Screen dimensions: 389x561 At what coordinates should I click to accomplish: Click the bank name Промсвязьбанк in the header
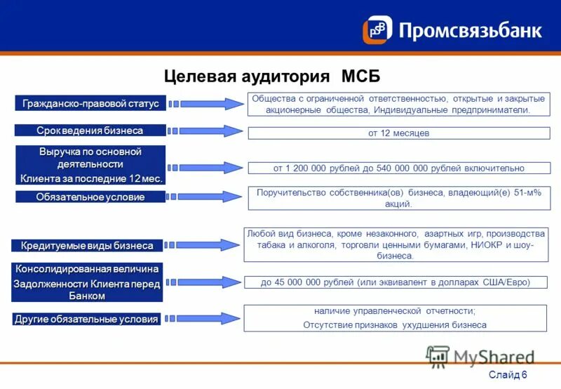pyautogui.click(x=470, y=30)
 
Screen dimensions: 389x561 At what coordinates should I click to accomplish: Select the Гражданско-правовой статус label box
pyautogui.click(x=90, y=104)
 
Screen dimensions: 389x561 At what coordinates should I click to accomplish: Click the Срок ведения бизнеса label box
pyautogui.click(x=90, y=131)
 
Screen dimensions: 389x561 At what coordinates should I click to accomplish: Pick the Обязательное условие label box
pyautogui.click(x=90, y=197)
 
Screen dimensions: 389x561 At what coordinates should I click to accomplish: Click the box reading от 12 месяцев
pyautogui.click(x=398, y=133)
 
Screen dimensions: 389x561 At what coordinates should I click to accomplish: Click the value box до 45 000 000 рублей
pyautogui.click(x=396, y=282)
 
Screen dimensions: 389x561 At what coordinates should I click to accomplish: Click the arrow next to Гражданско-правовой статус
pyautogui.click(x=210, y=104)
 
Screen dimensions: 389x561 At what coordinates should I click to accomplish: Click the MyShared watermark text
pyautogui.click(x=494, y=357)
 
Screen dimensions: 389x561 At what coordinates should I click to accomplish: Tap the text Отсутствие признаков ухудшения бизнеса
pyautogui.click(x=395, y=325)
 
